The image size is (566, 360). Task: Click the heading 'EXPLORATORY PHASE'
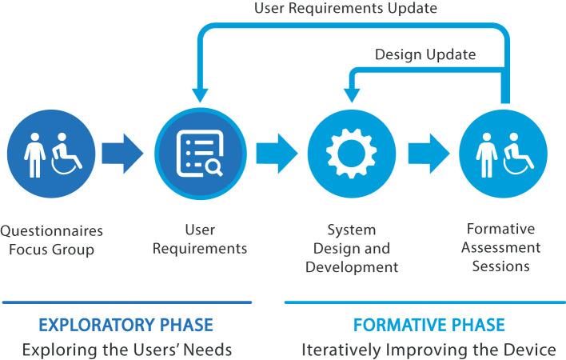coord(127,326)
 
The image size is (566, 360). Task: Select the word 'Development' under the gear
coord(353,266)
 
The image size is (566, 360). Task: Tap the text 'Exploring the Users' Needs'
coord(127,350)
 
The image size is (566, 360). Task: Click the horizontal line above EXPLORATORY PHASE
coord(127,302)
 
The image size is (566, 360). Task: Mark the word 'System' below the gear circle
coord(353,230)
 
